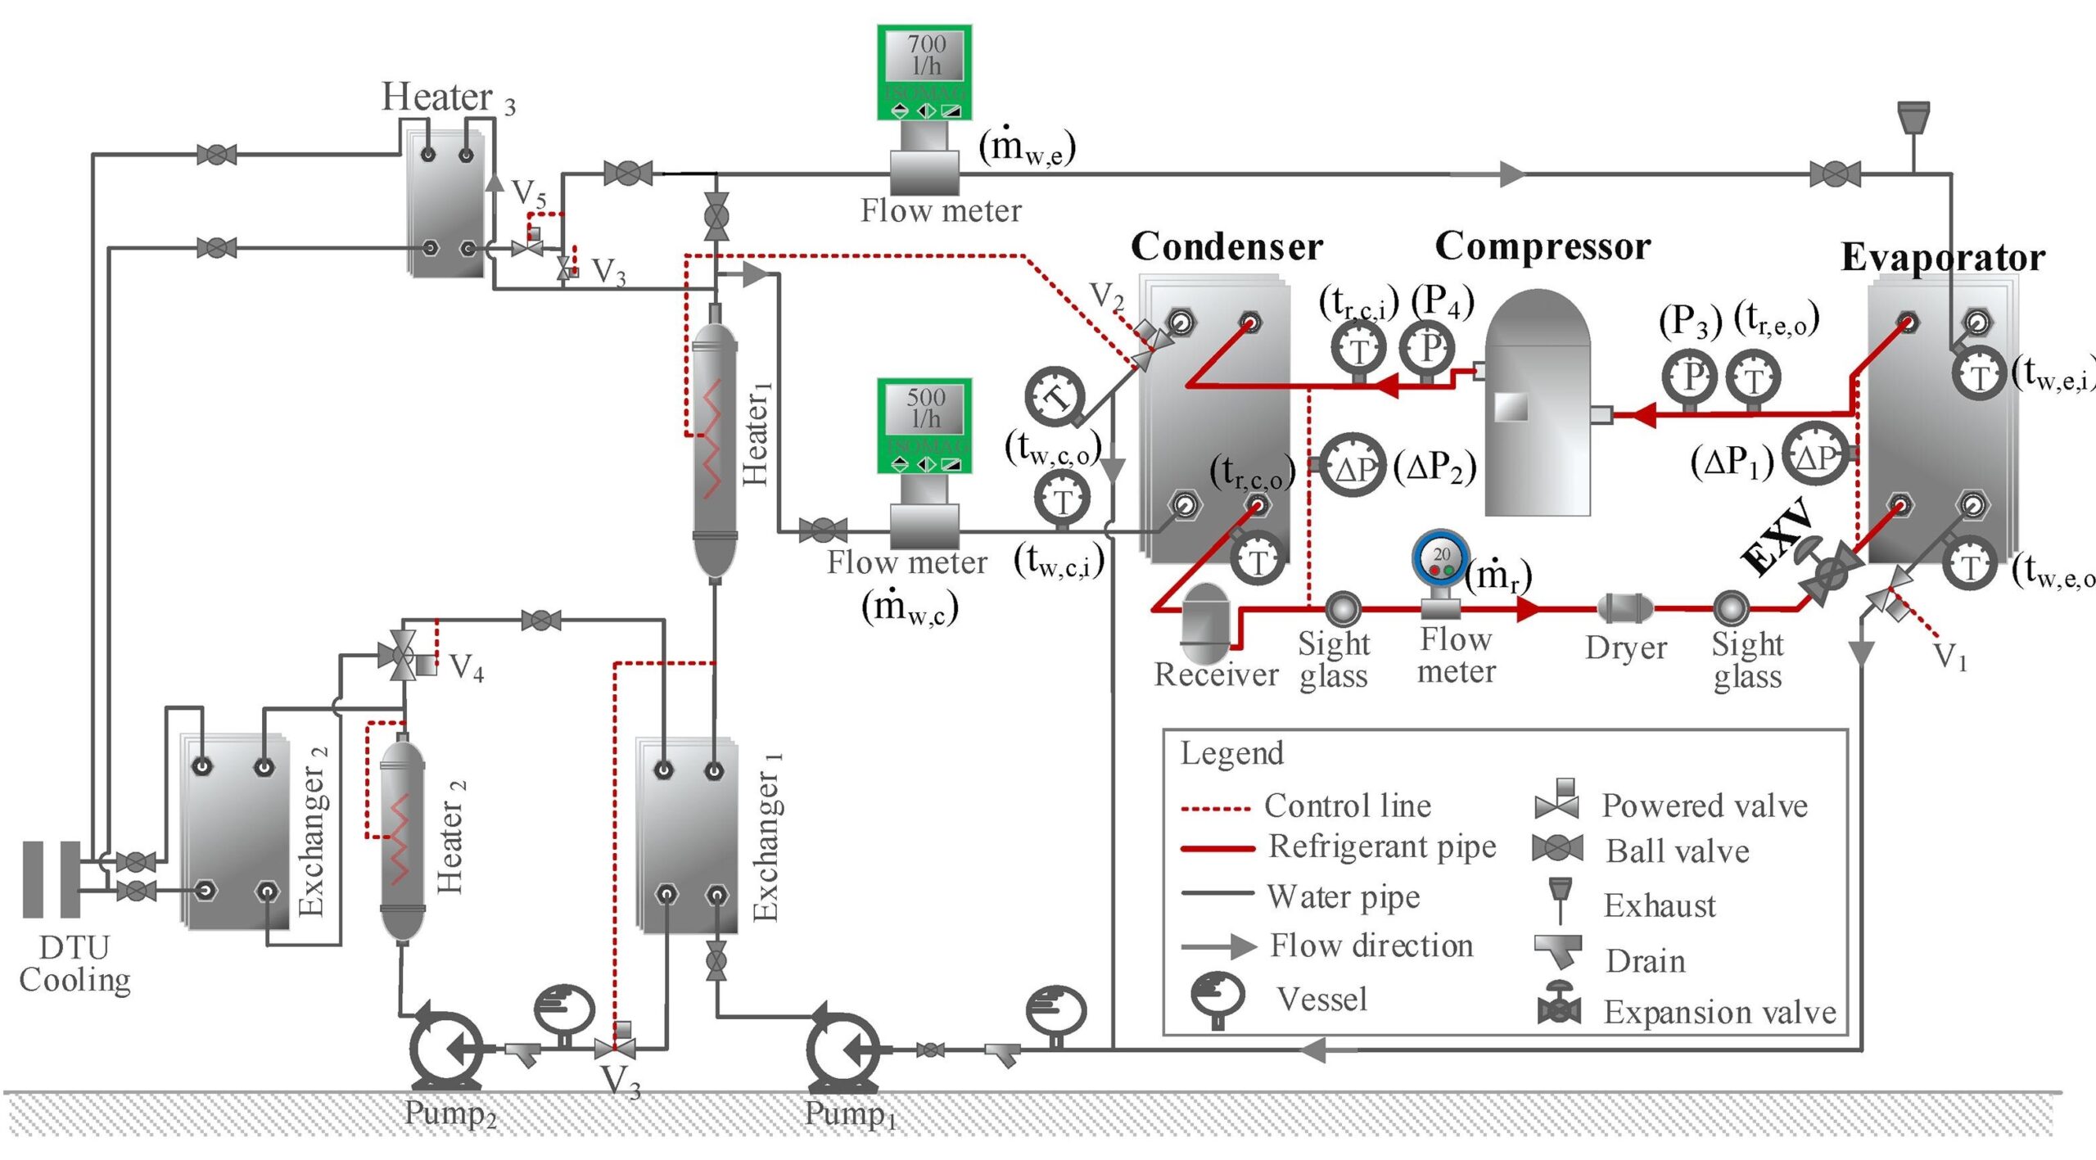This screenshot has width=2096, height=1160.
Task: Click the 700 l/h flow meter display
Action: [924, 71]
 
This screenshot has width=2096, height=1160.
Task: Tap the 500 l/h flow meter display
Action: [924, 425]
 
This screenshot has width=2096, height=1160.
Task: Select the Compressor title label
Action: [1543, 246]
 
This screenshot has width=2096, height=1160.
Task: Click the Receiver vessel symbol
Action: [1205, 624]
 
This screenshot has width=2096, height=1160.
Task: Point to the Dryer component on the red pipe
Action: [1624, 608]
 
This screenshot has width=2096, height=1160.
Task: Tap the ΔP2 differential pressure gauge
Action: [1353, 467]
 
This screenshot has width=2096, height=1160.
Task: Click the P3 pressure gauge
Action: [1689, 377]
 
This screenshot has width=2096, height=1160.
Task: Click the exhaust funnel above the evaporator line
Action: [1913, 120]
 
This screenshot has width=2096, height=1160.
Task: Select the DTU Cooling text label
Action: [74, 964]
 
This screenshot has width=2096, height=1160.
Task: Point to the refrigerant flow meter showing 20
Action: [1440, 561]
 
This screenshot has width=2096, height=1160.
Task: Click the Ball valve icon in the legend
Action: [1557, 849]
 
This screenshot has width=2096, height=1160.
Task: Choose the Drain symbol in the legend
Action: [1557, 951]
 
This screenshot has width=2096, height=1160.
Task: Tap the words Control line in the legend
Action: [1348, 806]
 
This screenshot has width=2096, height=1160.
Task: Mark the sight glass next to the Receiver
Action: [1342, 609]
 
